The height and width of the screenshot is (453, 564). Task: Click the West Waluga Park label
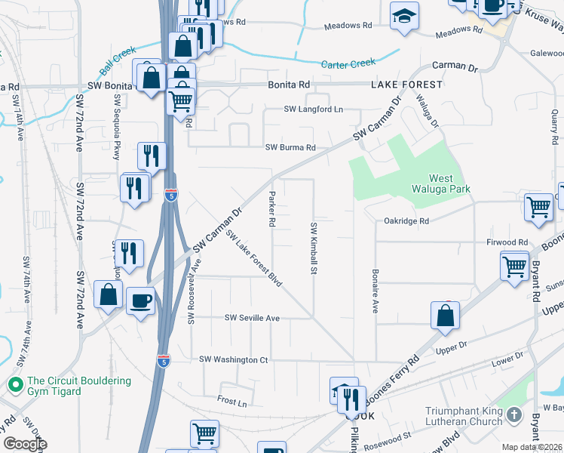coord(431,183)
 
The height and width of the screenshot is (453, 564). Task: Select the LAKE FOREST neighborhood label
coord(406,85)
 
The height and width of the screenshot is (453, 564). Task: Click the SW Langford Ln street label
coord(313,109)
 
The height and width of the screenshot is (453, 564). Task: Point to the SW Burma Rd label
coord(290,148)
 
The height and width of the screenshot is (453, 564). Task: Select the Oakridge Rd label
coord(406,221)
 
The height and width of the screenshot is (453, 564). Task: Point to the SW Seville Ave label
coord(252,319)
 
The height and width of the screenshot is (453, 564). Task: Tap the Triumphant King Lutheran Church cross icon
coord(513,414)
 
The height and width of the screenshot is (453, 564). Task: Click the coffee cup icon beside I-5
coord(141,301)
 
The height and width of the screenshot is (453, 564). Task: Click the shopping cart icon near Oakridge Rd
coord(539,205)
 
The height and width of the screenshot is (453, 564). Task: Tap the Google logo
coord(25,444)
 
